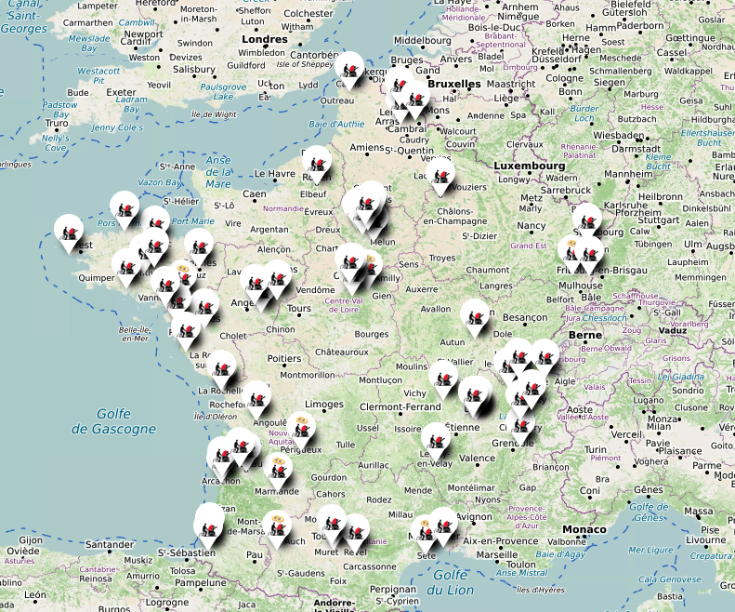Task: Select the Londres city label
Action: [264, 39]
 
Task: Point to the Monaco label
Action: [584, 529]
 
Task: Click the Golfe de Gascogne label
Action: [113, 421]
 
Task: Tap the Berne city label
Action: [584, 334]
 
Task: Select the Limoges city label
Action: [324, 405]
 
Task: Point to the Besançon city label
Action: [526, 317]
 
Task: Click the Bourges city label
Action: [371, 333]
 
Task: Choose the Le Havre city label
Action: [274, 173]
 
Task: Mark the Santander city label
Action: [83, 545]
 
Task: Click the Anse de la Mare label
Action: [217, 172]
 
